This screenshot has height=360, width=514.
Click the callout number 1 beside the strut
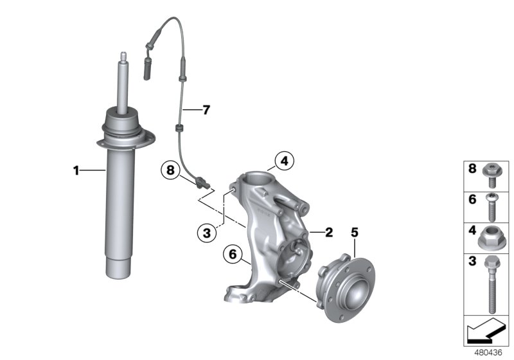point(76,170)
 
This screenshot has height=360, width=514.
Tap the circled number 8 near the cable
point(170,170)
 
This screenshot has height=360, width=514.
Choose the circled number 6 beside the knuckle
point(233,255)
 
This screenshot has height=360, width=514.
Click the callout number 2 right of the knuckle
point(328,233)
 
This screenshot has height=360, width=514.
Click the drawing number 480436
point(488,352)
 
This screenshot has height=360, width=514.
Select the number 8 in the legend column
point(472,170)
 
